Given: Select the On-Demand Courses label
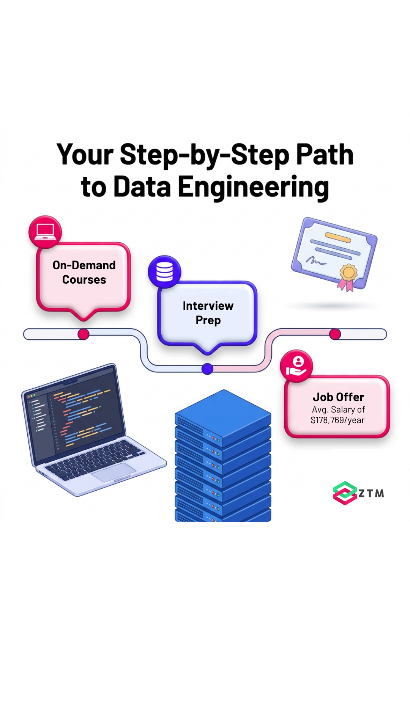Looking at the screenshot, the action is point(84,272).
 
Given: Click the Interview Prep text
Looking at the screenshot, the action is point(208,313).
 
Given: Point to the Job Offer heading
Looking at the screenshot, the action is point(338,397).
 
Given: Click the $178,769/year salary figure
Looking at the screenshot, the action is point(337,420).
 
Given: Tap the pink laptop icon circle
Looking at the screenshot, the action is point(45,232).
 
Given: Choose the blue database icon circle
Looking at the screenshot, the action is point(164,272).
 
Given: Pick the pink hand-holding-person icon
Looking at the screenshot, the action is point(296,366).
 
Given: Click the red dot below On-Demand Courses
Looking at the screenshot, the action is point(84,334).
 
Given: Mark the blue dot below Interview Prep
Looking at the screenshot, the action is point(207,369).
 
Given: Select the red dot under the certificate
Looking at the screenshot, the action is point(335,334).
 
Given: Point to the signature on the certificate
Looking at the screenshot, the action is point(316,260).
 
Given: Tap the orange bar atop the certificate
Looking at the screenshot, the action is point(338,237).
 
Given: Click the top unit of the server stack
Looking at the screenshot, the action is point(223,417).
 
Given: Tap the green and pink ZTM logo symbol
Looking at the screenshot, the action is point(345,493).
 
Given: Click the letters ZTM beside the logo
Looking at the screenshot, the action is point(371,493).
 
